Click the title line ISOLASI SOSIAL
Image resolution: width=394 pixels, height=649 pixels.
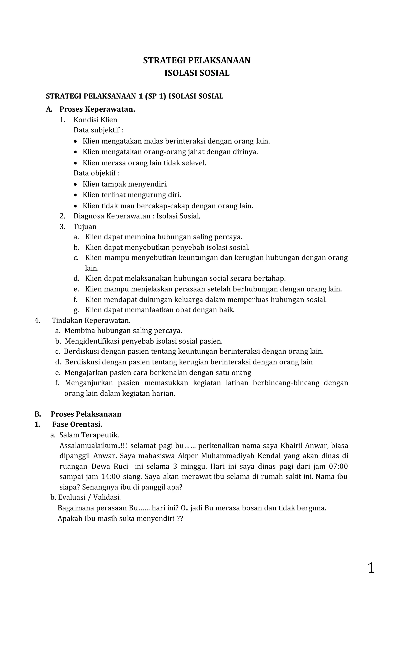197,73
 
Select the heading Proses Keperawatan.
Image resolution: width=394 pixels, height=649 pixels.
97,109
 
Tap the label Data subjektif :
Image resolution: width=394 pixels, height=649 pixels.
98,130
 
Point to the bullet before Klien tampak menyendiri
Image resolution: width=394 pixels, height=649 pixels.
76,184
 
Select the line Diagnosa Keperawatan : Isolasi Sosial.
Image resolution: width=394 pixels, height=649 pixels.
137,216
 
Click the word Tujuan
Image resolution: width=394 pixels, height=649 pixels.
85,227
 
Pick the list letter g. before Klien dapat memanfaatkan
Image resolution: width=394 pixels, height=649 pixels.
76,310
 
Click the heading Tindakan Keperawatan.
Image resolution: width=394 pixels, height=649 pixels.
91,321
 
